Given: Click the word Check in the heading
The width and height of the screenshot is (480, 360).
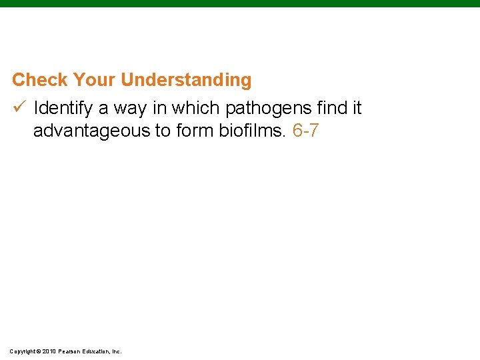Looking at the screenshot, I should tap(41, 80).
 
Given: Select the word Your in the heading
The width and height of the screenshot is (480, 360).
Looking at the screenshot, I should tap(95, 80).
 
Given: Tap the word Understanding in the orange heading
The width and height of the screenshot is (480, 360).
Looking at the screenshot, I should tap(186, 80).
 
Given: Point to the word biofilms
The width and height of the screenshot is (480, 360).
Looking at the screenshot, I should tap(253, 131).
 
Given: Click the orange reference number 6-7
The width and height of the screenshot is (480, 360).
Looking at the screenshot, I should tap(306, 131).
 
